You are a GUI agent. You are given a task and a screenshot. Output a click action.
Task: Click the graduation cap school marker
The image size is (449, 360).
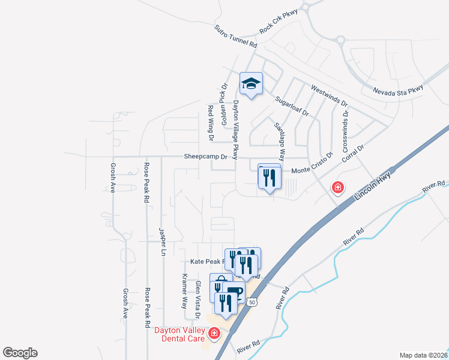[x=252, y=85]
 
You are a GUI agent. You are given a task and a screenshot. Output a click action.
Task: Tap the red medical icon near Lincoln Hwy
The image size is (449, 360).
[x=338, y=188]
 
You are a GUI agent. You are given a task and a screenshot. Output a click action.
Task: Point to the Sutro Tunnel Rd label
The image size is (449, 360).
[x=235, y=37]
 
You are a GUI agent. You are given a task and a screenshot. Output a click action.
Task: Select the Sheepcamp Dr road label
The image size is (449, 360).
[x=206, y=157]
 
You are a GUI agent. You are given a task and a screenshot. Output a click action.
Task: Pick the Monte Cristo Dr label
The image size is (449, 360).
[x=312, y=170]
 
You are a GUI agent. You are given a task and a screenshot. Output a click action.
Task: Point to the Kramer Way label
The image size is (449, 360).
[x=185, y=290]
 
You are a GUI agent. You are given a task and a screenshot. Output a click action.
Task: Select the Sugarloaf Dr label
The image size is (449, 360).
[x=291, y=106]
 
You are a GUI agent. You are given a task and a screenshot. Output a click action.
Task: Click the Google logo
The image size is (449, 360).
[x=20, y=353]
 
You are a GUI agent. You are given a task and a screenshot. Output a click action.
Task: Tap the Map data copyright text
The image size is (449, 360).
[x=424, y=355]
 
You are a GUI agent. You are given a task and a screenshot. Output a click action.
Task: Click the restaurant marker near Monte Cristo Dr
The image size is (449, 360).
[x=270, y=178]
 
